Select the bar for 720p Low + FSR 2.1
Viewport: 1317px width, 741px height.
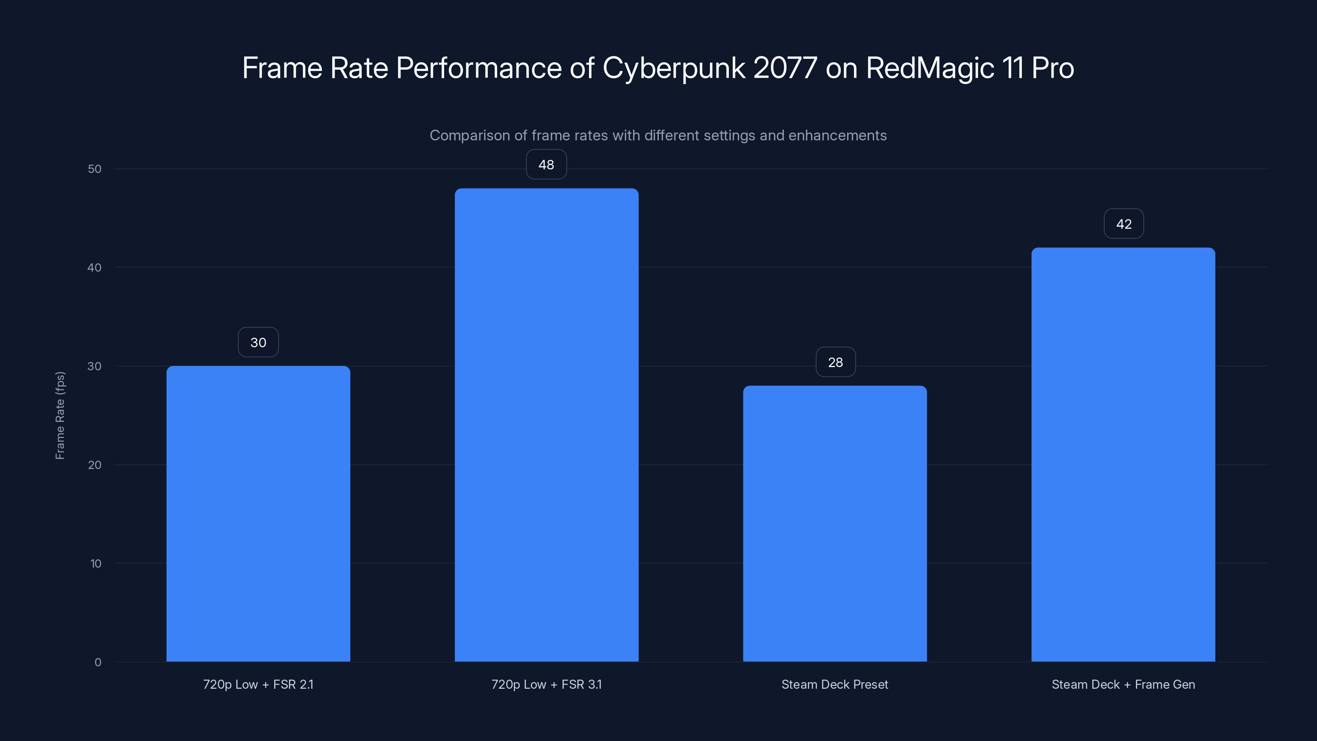coord(258,513)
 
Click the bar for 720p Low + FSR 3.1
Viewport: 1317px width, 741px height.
coord(546,424)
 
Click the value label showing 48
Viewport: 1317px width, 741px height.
coord(546,165)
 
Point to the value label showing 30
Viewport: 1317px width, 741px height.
coord(258,343)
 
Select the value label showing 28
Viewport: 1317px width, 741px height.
coord(835,362)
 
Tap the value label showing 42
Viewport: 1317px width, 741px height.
coord(1123,224)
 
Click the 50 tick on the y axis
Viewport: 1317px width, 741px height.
coord(95,169)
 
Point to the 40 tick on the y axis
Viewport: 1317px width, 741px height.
coord(95,268)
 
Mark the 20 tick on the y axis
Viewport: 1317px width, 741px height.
coord(95,465)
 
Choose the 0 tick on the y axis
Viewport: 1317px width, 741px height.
coord(98,662)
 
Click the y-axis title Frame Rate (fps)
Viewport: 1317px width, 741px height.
coord(60,415)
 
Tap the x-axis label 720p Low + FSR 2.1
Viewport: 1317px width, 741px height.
coord(258,684)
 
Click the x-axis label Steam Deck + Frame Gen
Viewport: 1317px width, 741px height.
coord(1123,684)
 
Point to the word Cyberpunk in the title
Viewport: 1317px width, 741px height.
coord(673,68)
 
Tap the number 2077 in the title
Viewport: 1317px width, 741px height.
coord(785,68)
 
